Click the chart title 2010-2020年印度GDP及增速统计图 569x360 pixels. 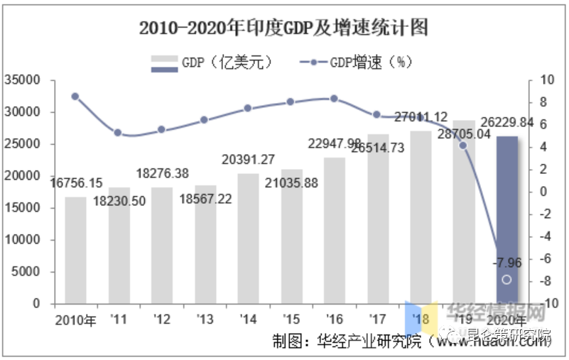(283, 28)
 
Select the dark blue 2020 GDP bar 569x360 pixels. (506, 220)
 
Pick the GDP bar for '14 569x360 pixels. (248, 238)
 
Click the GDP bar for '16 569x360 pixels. (334, 230)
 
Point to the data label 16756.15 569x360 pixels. (77, 182)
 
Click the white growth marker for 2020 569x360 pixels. (506, 280)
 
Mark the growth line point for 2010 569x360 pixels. (75, 96)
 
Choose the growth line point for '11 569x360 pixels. (118, 133)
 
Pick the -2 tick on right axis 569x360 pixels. (543, 214)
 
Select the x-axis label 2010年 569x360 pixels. (75, 320)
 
